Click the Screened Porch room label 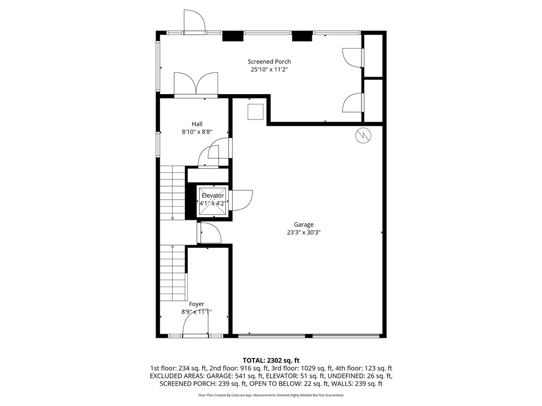click(270, 61)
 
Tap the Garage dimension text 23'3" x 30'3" click(304, 232)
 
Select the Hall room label click(197, 124)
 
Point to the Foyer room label click(196, 304)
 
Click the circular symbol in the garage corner click(363, 135)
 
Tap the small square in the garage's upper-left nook click(256, 112)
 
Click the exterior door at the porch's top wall click(195, 21)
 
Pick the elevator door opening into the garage click(239, 200)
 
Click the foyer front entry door click(195, 327)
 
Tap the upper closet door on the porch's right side click(353, 57)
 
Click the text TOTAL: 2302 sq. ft click(270, 360)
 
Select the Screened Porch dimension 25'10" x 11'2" click(270, 69)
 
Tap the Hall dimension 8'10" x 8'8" click(197, 132)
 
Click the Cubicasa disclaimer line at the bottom click(270, 395)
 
